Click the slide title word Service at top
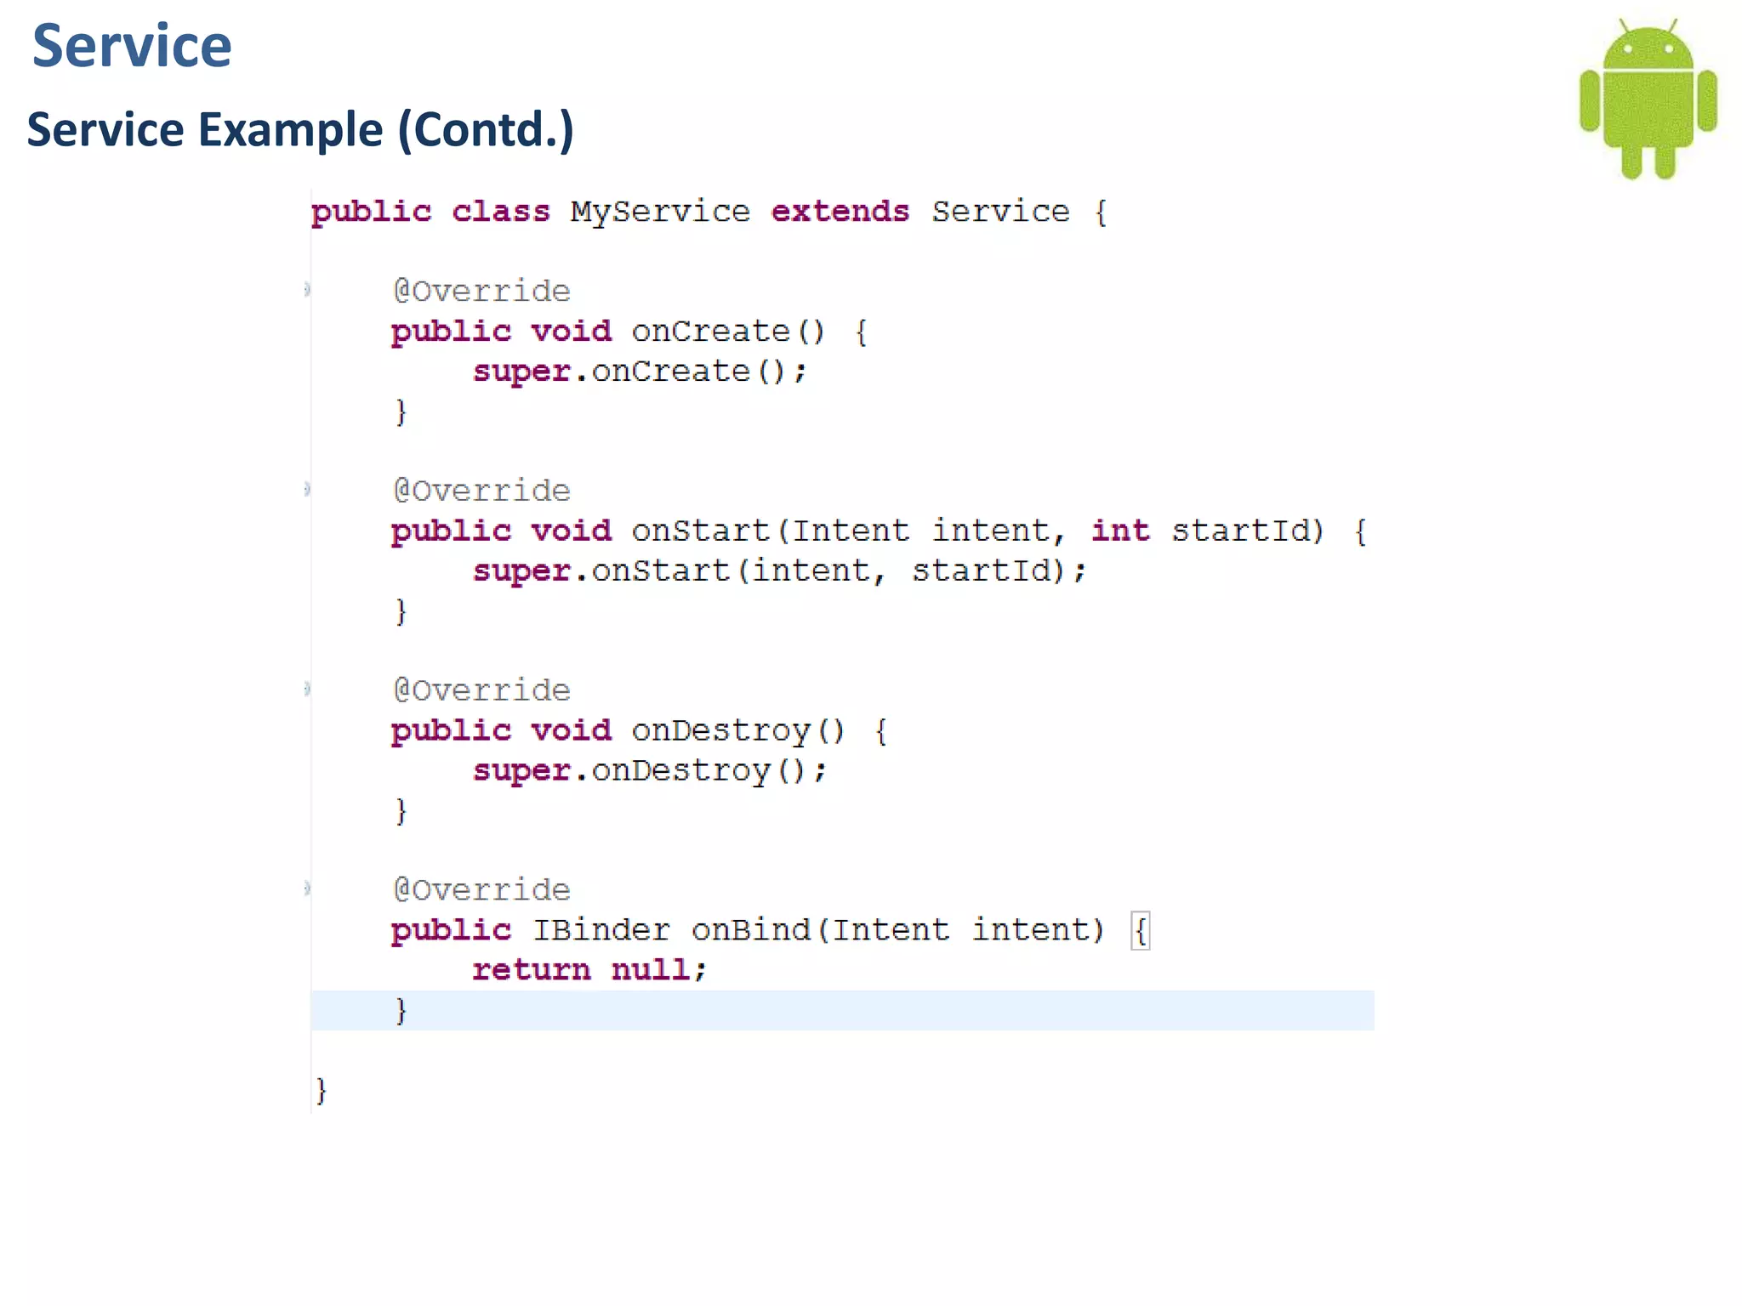[x=132, y=46]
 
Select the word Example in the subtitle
[x=290, y=130]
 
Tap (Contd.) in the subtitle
[x=486, y=130]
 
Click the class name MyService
[x=660, y=212]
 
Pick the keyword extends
[x=840, y=212]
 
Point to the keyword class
[x=500, y=212]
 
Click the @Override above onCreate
[x=481, y=292]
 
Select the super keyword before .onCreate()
[x=521, y=372]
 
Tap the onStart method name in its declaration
[x=700, y=531]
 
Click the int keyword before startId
[x=1120, y=531]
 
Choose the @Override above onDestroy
[x=481, y=690]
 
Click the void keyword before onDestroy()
[x=571, y=730]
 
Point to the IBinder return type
[x=601, y=930]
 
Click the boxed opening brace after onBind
[x=1141, y=931]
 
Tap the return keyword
[x=531, y=970]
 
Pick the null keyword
[x=651, y=970]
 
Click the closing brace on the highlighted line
[x=401, y=1011]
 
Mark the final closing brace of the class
[x=321, y=1090]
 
